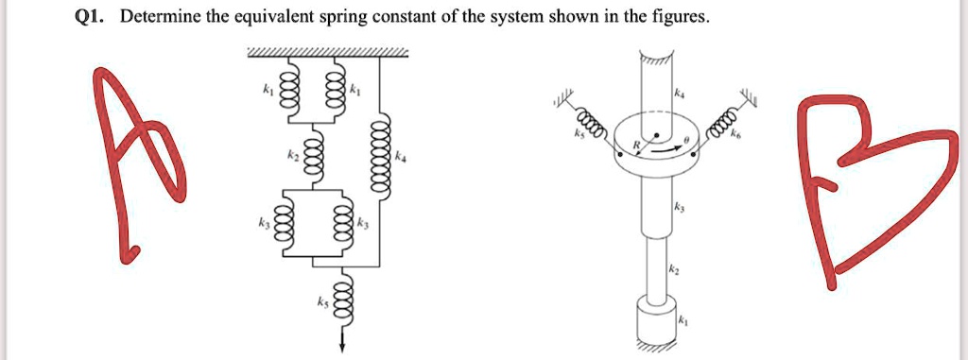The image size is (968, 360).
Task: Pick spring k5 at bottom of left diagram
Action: tap(343, 303)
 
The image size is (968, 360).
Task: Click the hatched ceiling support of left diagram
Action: tap(327, 52)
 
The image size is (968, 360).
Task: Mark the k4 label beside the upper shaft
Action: tap(678, 94)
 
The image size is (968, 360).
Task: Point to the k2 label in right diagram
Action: tap(673, 270)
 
